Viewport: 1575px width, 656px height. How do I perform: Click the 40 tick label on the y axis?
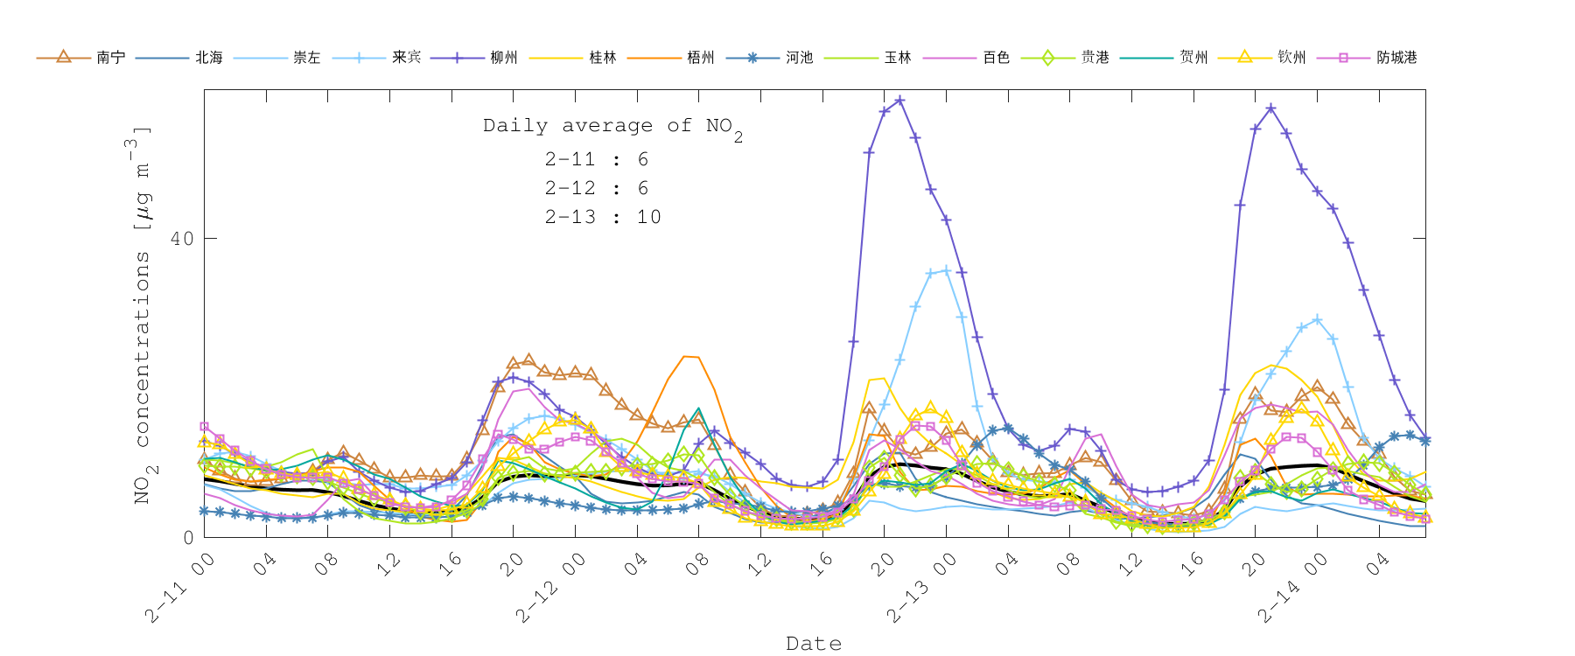pyautogui.click(x=182, y=238)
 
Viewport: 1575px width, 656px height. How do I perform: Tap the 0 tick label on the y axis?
pyautogui.click(x=188, y=537)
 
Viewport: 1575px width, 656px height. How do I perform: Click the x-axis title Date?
pyautogui.click(x=814, y=644)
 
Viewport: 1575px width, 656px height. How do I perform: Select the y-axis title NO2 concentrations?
pyautogui.click(x=142, y=315)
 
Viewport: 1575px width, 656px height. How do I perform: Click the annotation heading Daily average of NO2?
pyautogui.click(x=612, y=127)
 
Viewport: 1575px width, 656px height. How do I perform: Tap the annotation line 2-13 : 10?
pyautogui.click(x=603, y=217)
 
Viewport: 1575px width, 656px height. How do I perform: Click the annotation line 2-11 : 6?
pyautogui.click(x=597, y=159)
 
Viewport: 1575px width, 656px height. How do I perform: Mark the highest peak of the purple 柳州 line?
pyautogui.click(x=899, y=101)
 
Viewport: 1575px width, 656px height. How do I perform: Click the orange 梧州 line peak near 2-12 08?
pyautogui.click(x=689, y=356)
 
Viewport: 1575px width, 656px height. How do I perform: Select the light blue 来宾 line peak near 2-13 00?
pyautogui.click(x=946, y=270)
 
